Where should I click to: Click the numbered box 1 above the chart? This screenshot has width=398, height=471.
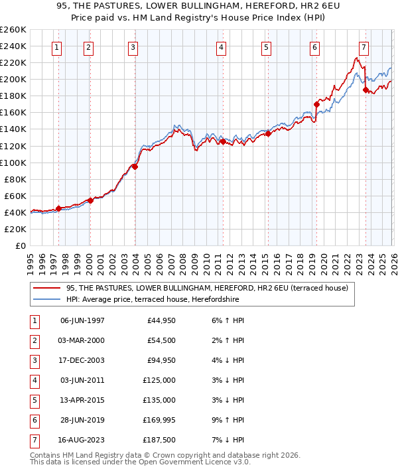(57, 47)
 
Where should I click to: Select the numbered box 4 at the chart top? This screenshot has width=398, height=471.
(221, 47)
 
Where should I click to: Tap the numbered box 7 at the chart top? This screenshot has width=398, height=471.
(364, 47)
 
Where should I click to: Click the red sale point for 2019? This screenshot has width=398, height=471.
(317, 104)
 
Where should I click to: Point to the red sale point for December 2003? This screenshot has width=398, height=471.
(135, 167)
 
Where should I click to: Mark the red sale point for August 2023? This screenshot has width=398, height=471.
(365, 90)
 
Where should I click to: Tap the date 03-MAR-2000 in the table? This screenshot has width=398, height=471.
(82, 340)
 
